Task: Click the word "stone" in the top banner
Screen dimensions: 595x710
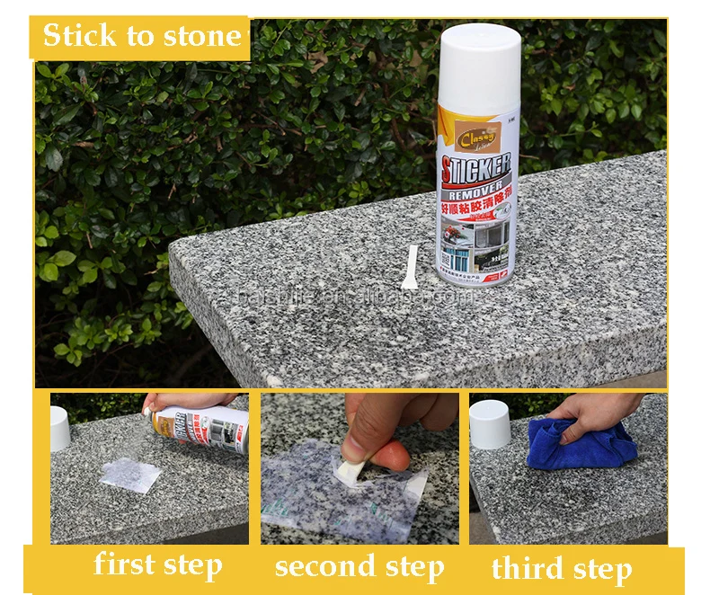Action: pyautogui.click(x=201, y=37)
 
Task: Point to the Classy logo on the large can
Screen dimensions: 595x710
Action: pyautogui.click(x=477, y=140)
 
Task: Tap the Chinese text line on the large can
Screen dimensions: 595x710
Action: pyautogui.click(x=475, y=208)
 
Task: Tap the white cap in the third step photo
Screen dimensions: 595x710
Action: pyautogui.click(x=490, y=424)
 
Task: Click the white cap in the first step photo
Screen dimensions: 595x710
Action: pyautogui.click(x=59, y=428)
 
